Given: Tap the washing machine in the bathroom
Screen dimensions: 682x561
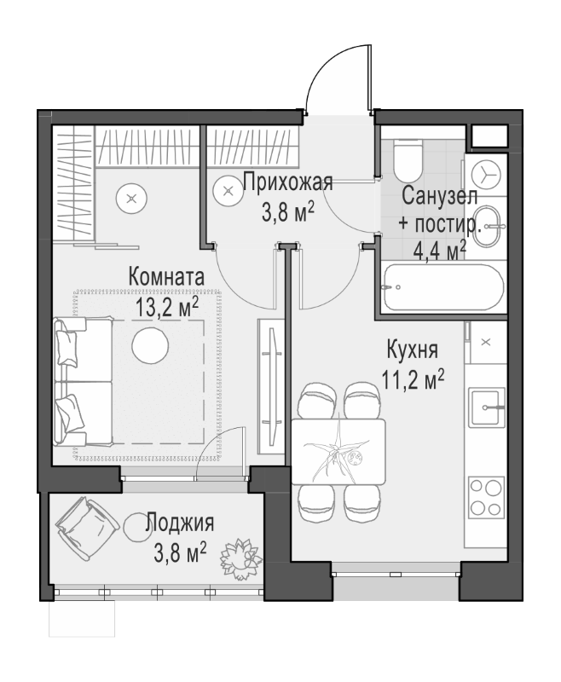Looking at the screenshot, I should tap(487, 174).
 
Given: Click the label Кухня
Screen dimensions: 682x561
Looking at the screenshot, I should tap(412, 350).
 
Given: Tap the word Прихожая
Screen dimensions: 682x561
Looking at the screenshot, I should tap(287, 181).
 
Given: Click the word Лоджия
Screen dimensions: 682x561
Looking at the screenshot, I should tap(179, 523).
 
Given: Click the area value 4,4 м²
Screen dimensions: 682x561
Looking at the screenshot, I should tap(439, 250).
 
